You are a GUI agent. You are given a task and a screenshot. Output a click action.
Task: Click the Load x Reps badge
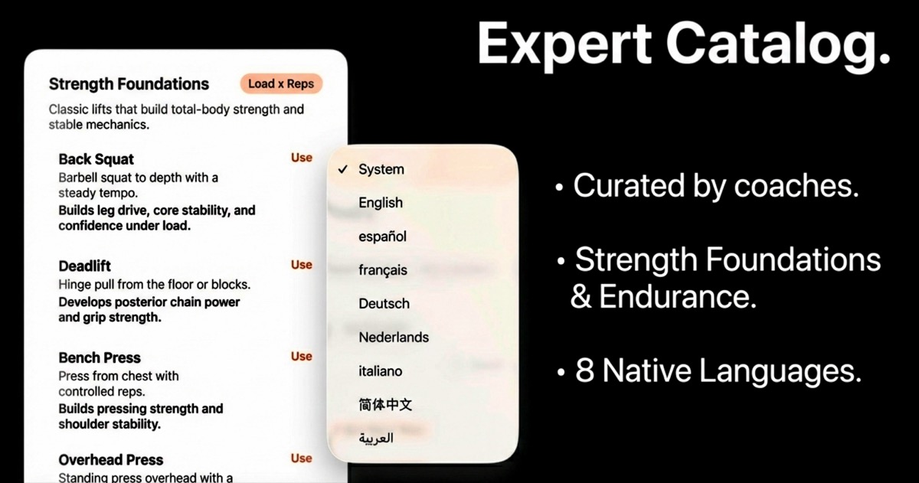point(281,83)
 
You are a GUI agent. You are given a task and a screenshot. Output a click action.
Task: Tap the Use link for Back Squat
point(302,158)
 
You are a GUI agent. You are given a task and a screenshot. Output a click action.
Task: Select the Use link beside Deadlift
point(302,265)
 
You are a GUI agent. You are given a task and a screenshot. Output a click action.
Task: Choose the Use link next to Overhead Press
point(302,459)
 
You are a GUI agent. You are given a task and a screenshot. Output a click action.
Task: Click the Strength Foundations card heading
point(129,84)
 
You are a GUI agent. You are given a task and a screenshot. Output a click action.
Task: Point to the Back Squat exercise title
point(96,159)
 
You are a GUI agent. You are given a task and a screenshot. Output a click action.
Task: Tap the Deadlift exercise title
point(84,266)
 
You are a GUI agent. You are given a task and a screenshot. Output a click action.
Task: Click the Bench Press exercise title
point(100,357)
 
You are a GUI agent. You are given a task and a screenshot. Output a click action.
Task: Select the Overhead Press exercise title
point(110,460)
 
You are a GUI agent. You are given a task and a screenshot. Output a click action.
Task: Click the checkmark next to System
point(343,169)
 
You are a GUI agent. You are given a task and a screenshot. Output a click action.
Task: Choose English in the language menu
point(381,203)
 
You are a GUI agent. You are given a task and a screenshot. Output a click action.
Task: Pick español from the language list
point(382,237)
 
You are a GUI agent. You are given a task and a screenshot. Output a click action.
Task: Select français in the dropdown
point(383,270)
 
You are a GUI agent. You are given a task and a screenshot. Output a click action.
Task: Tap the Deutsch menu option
point(384,304)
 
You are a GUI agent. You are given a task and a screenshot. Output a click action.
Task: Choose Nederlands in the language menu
point(394,338)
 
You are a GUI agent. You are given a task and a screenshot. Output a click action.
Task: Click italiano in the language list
point(380,371)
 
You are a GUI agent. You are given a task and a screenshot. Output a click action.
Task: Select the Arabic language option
point(376,439)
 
